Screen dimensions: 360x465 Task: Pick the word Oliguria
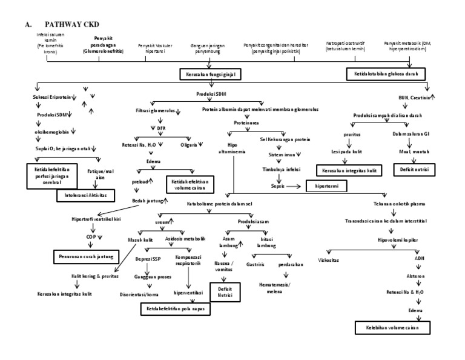(193, 144)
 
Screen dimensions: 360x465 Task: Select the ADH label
(419, 258)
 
